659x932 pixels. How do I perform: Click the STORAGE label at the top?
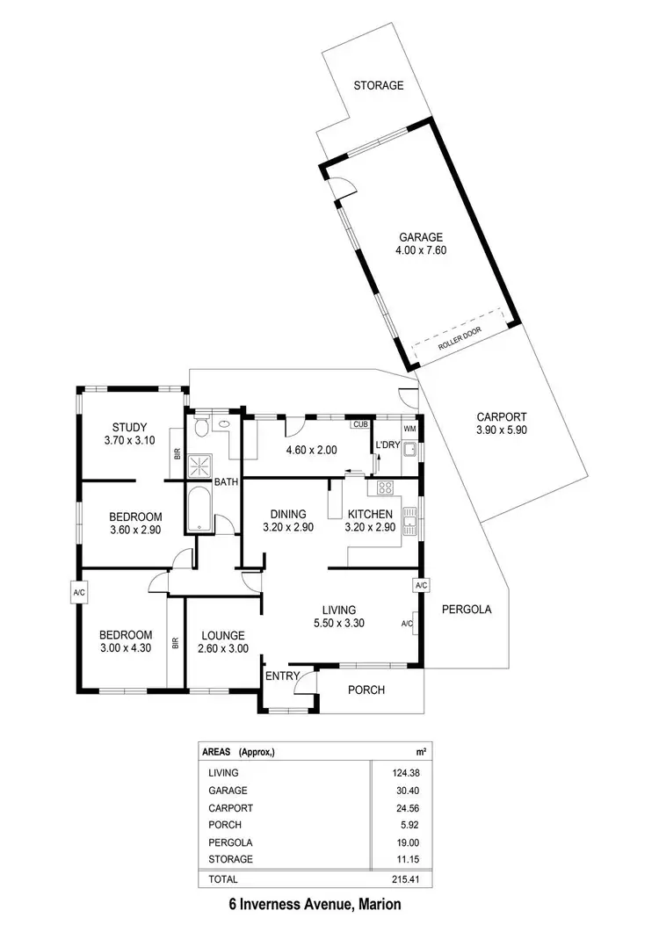click(379, 86)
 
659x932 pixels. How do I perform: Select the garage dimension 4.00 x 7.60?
click(421, 250)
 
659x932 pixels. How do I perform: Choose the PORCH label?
click(366, 690)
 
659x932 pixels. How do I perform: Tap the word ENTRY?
click(282, 676)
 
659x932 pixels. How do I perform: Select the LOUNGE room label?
click(222, 636)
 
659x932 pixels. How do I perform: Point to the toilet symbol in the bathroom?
click(201, 427)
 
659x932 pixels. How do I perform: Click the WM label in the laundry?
click(409, 429)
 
